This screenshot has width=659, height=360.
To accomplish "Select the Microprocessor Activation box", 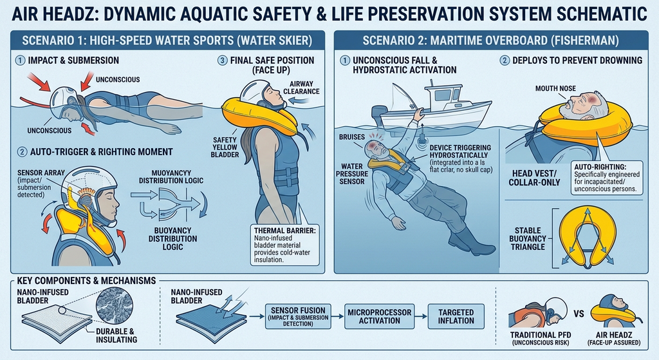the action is click(x=379, y=316).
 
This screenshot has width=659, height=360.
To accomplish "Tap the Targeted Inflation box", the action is click(x=456, y=316).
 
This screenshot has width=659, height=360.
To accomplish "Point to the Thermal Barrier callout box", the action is click(x=284, y=245).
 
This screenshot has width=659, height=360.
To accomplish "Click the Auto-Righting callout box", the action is click(x=606, y=178).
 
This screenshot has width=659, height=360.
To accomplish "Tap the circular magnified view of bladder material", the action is click(x=115, y=305).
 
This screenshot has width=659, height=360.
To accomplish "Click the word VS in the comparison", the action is click(x=579, y=314).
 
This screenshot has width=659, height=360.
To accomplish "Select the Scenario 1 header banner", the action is click(x=167, y=41).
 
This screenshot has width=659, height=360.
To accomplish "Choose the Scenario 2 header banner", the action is click(x=491, y=41).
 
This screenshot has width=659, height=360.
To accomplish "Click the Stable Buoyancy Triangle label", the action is click(x=528, y=238).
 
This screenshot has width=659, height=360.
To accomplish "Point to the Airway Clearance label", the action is click(x=301, y=88).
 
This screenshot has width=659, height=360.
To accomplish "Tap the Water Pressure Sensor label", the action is click(x=352, y=174).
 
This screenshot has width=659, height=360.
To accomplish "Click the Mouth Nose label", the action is click(x=555, y=88).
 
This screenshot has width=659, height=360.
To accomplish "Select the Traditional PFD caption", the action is click(x=541, y=338).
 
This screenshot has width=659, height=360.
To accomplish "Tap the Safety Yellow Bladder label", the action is click(x=225, y=147).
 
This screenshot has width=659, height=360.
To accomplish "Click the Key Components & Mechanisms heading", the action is click(x=86, y=281).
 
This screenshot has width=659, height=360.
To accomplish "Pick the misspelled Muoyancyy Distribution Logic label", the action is click(x=171, y=176).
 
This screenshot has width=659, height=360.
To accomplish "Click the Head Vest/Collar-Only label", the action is click(x=534, y=178).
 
